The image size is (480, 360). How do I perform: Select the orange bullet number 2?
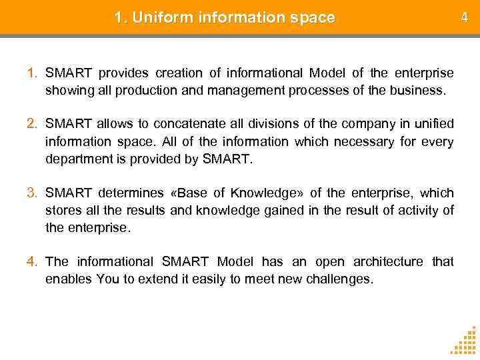[x=33, y=123]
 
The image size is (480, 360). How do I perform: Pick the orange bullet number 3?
[x=33, y=193]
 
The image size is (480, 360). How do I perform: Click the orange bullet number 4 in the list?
[x=33, y=261]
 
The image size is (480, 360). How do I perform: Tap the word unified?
[x=435, y=123]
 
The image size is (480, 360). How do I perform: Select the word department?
[x=75, y=159]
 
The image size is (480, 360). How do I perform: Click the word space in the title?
[x=313, y=18]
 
